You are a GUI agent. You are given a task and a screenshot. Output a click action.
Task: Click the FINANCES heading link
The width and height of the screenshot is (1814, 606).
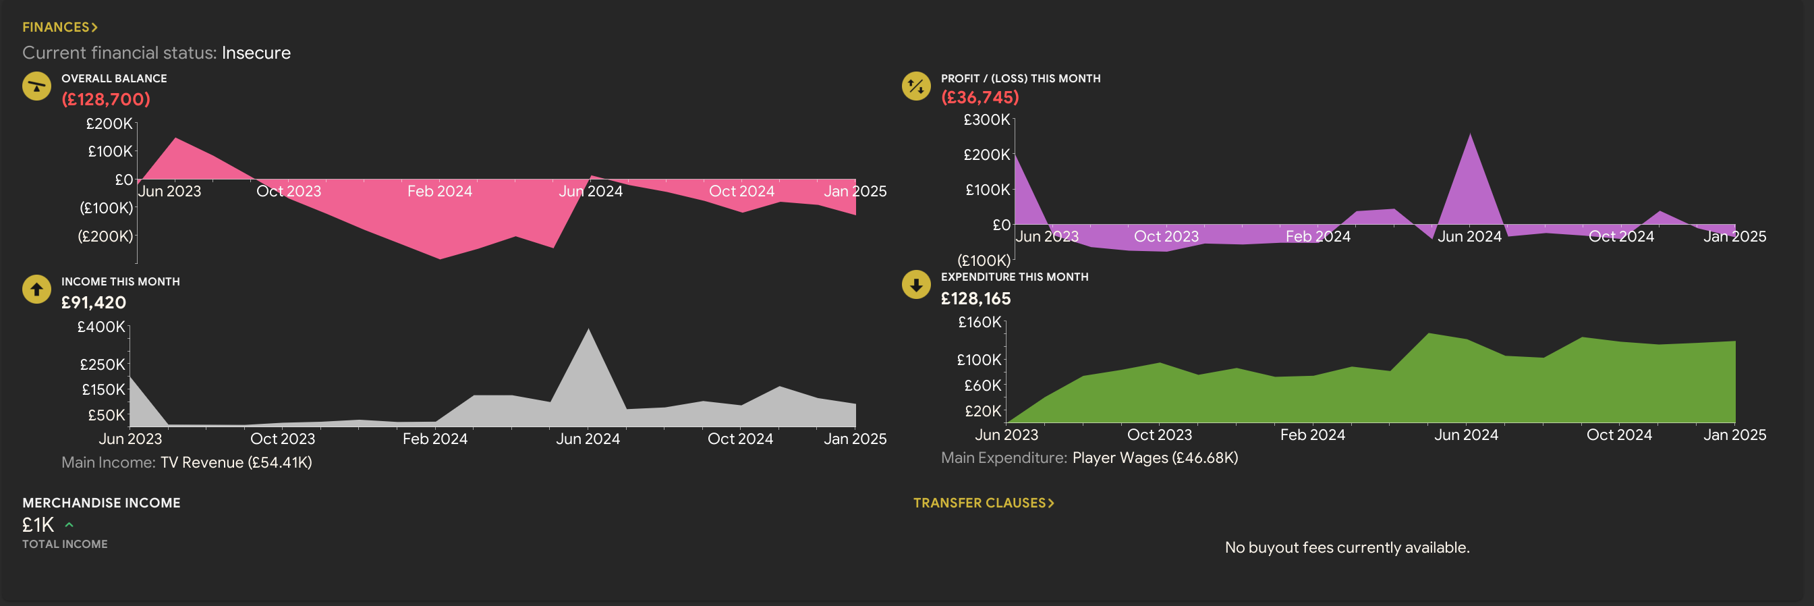pyautogui.click(x=60, y=28)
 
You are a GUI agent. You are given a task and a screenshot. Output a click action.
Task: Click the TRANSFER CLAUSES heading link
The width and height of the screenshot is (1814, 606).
pyautogui.click(x=983, y=503)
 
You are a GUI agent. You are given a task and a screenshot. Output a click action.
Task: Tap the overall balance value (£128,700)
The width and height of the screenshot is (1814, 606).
pyautogui.click(x=106, y=99)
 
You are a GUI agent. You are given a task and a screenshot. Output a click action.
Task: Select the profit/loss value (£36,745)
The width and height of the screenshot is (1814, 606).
pyautogui.click(x=980, y=97)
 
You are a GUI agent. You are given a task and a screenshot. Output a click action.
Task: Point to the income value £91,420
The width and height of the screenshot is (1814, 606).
pyautogui.click(x=94, y=302)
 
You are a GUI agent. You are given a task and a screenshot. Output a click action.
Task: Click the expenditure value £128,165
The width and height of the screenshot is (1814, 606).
pyautogui.click(x=975, y=299)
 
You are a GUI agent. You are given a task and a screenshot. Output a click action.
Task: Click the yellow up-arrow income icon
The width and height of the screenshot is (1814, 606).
pyautogui.click(x=36, y=289)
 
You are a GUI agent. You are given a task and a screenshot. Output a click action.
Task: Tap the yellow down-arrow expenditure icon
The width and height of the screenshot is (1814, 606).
pyautogui.click(x=916, y=285)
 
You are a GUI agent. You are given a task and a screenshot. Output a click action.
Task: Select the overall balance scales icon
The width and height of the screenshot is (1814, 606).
pyautogui.click(x=36, y=86)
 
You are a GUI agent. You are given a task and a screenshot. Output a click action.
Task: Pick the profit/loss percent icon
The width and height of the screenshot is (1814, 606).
pyautogui.click(x=916, y=86)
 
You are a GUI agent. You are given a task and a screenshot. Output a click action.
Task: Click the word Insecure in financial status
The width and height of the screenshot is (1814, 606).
pyautogui.click(x=256, y=53)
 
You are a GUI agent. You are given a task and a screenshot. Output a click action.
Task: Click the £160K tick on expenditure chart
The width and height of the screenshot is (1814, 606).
pyautogui.click(x=980, y=323)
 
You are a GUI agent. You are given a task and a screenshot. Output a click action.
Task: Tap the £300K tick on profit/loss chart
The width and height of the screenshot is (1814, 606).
pyautogui.click(x=986, y=120)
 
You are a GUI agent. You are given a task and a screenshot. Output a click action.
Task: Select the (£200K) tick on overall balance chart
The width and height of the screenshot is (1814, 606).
pyautogui.click(x=106, y=236)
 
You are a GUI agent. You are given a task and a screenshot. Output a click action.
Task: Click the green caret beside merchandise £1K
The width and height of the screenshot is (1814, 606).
pyautogui.click(x=69, y=525)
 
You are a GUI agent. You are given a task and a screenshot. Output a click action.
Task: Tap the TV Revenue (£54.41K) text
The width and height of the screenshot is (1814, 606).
pyautogui.click(x=236, y=462)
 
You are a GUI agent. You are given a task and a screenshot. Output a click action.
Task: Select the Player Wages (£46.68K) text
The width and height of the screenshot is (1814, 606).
pyautogui.click(x=1155, y=458)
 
